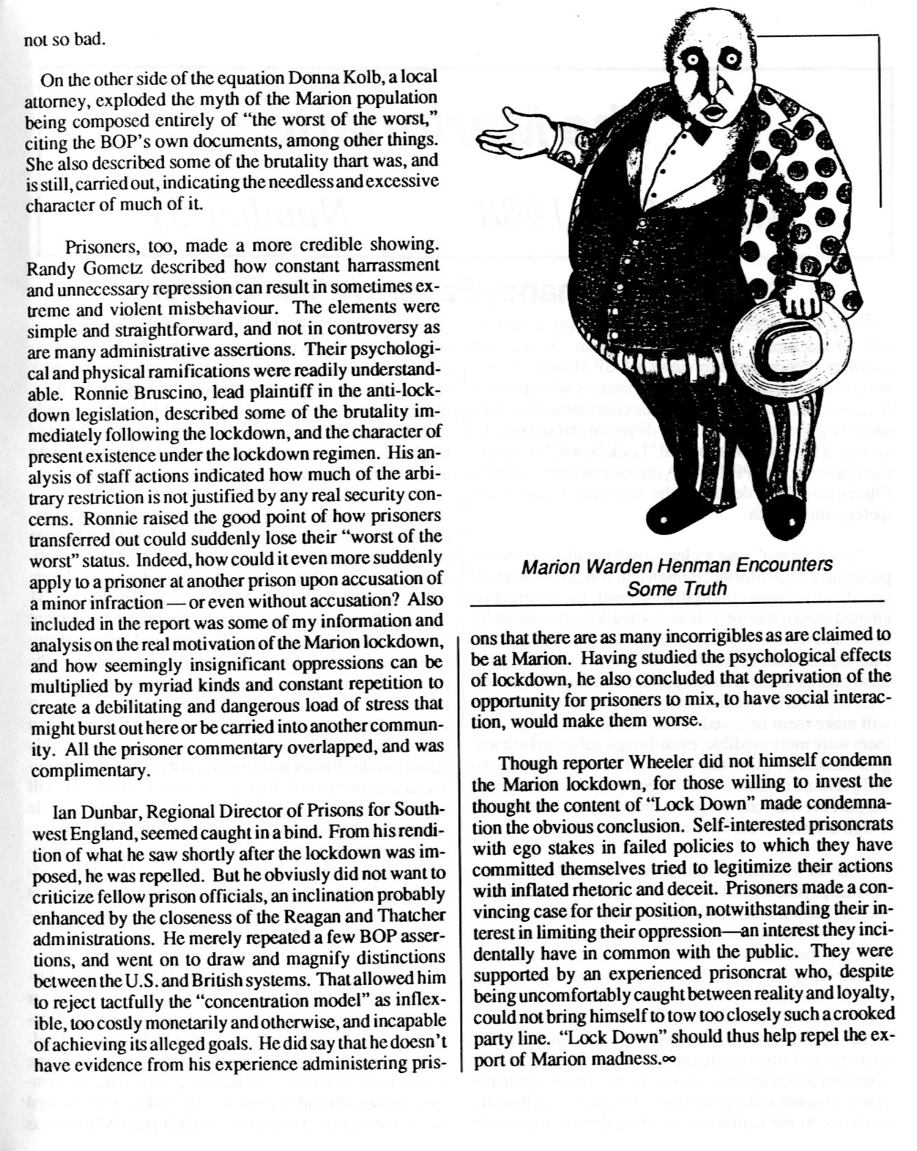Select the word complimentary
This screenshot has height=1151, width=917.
pyautogui.click(x=86, y=770)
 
